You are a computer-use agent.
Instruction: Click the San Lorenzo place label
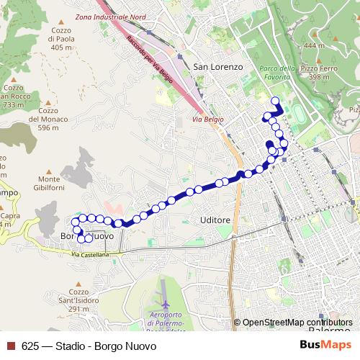(x=219, y=66)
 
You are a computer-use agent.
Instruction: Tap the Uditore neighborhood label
(x=215, y=220)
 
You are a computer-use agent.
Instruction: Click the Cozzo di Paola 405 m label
(x=61, y=38)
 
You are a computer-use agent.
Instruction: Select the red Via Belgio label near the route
(x=209, y=119)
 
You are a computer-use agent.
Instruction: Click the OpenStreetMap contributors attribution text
(x=297, y=323)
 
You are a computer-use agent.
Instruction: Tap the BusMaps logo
(x=325, y=345)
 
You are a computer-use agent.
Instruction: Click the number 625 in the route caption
(x=30, y=346)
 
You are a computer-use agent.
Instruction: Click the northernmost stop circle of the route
(x=275, y=100)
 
